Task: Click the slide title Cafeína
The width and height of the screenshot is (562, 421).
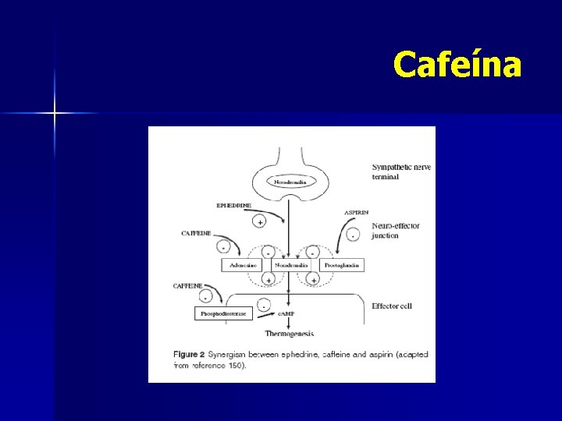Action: click(457, 65)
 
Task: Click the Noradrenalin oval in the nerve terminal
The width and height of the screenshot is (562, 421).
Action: click(290, 182)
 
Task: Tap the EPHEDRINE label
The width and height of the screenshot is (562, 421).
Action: click(234, 205)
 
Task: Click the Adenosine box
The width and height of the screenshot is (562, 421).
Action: click(240, 265)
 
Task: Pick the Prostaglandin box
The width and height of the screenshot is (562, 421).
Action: click(340, 265)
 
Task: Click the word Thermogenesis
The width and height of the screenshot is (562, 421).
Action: click(290, 334)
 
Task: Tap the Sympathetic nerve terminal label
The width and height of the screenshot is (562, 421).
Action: click(401, 172)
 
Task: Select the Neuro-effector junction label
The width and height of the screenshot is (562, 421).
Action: click(396, 231)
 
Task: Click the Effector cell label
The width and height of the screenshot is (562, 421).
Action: click(392, 306)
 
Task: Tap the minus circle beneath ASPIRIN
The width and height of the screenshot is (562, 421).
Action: click(354, 235)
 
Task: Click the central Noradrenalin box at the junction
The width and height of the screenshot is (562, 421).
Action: click(290, 265)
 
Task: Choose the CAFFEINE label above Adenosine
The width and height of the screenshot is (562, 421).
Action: click(196, 232)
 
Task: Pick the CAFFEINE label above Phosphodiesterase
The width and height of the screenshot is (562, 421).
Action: click(188, 286)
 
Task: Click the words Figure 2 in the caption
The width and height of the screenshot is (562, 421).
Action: click(189, 354)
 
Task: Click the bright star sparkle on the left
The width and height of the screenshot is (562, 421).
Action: click(55, 114)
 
